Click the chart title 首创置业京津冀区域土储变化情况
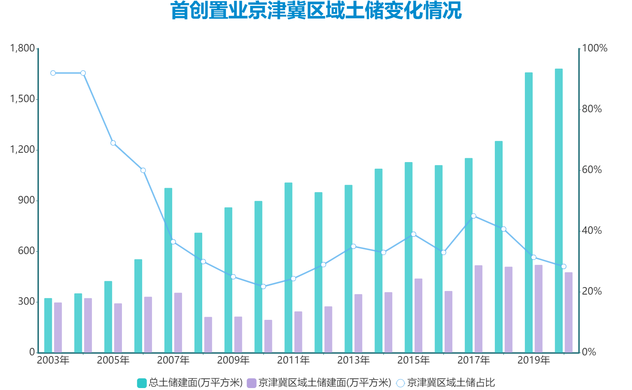coord(316,11)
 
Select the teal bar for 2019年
coord(528,212)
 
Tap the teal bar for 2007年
coord(168,270)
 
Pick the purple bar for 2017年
coord(478,309)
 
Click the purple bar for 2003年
coord(58,327)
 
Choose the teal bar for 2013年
coord(348,269)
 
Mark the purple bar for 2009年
coord(238,334)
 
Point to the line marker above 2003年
coord(53,73)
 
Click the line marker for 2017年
coord(473,216)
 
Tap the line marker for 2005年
coord(113,143)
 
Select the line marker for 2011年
coord(293,279)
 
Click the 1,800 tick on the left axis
coord(23,48)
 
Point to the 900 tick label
coord(26,200)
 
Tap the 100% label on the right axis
coord(595,48)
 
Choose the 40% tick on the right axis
coord(592,231)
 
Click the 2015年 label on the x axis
coord(413,360)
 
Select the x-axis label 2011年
coord(293,360)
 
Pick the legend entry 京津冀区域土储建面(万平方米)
coord(320,383)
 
